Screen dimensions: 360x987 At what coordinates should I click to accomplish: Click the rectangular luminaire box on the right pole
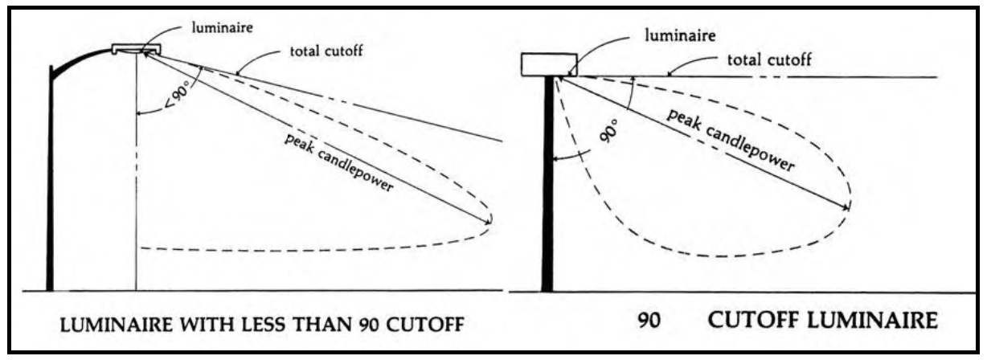click(548, 64)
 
